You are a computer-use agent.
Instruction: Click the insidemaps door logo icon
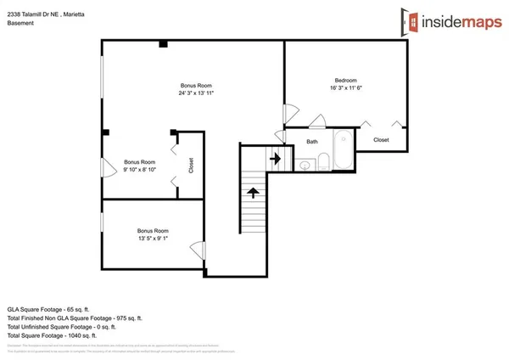click(410, 20)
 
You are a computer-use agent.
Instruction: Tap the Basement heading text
click(21, 24)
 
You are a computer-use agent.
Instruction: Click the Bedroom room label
click(345, 80)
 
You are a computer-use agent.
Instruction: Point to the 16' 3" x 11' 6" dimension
click(345, 88)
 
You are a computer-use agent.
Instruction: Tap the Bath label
click(312, 142)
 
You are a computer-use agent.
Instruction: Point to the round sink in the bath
click(305, 165)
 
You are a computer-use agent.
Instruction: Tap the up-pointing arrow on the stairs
click(254, 192)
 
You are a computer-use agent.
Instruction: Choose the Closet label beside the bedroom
click(381, 139)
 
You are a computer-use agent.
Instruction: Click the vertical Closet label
click(191, 165)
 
